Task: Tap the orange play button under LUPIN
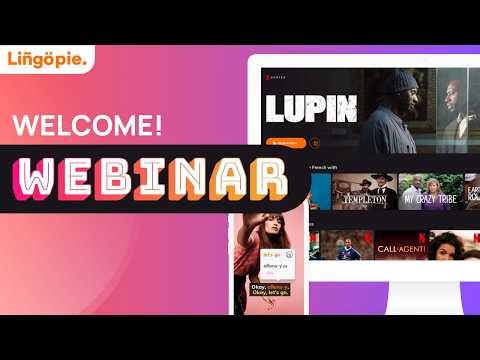(284, 143)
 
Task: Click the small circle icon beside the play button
(315, 143)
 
